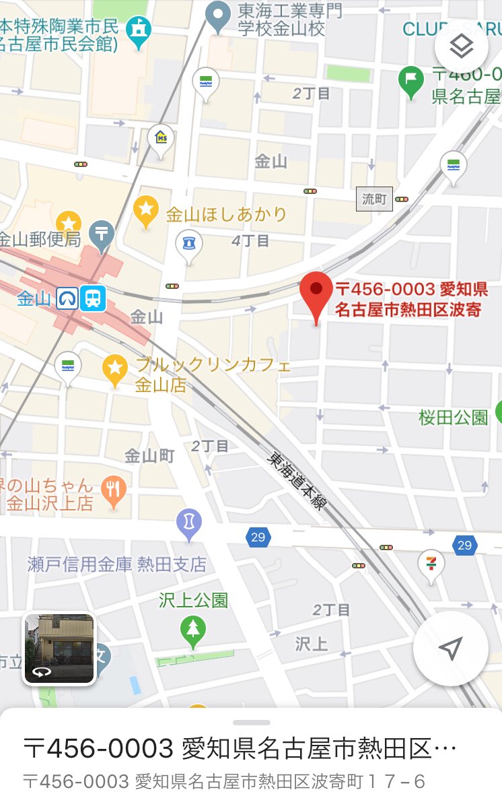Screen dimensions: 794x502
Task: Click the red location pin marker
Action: point(316,294)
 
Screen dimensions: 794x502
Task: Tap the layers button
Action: point(462,46)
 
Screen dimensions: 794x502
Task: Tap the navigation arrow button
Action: point(450,649)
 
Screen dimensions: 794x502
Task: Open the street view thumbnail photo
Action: point(59,649)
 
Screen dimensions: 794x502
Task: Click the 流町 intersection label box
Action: point(374,199)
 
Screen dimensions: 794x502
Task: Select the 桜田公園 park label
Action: point(454,418)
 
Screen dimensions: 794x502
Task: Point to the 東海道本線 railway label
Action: point(297,480)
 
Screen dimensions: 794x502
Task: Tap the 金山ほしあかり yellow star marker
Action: point(145,209)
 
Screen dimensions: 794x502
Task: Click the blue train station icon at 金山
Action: point(93,298)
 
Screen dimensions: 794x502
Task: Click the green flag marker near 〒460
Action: point(410,80)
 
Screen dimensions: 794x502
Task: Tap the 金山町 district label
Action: point(149,456)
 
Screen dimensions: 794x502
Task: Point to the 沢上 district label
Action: point(312,643)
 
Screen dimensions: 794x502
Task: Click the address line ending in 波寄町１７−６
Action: point(225,781)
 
